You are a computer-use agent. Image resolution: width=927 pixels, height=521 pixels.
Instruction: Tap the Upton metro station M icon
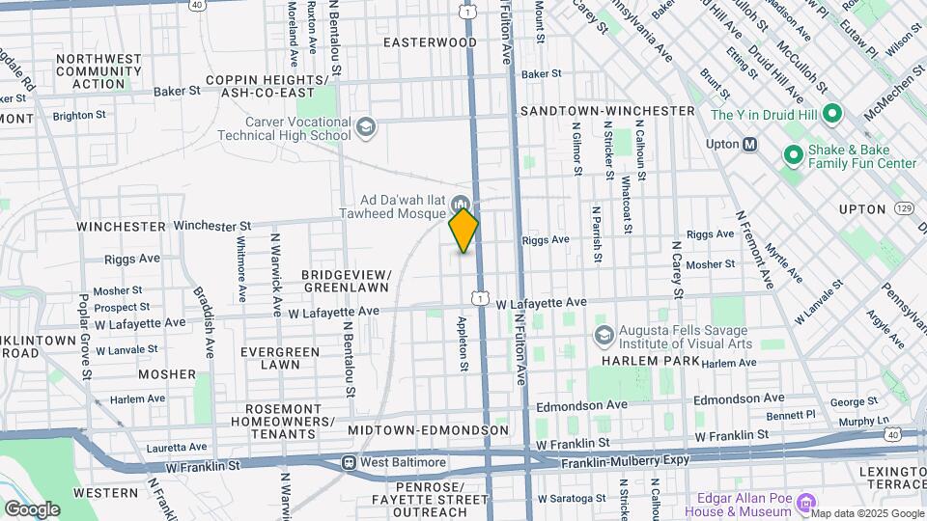point(749,145)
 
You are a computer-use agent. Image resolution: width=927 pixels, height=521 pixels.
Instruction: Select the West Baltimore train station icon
point(349,463)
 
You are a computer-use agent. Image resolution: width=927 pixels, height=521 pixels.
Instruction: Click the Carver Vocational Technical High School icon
point(366,126)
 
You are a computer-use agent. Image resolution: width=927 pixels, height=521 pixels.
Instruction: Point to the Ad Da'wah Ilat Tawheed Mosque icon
point(461,206)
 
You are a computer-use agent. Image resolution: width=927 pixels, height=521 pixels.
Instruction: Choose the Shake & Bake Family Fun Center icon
point(793,154)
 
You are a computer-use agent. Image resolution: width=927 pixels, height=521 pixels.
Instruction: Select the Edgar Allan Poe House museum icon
point(808,502)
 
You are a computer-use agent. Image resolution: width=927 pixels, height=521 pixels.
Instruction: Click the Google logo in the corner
point(32,508)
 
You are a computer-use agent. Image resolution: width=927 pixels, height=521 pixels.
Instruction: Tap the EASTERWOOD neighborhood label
point(430,42)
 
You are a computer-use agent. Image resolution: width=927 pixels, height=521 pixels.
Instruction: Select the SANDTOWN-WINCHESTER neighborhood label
point(607,111)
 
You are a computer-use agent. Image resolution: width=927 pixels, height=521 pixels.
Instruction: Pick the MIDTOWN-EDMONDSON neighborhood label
point(428,429)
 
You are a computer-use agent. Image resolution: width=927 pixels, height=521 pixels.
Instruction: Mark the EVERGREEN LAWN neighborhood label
point(280,358)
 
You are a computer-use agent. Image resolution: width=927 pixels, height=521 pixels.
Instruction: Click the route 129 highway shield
point(904,208)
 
